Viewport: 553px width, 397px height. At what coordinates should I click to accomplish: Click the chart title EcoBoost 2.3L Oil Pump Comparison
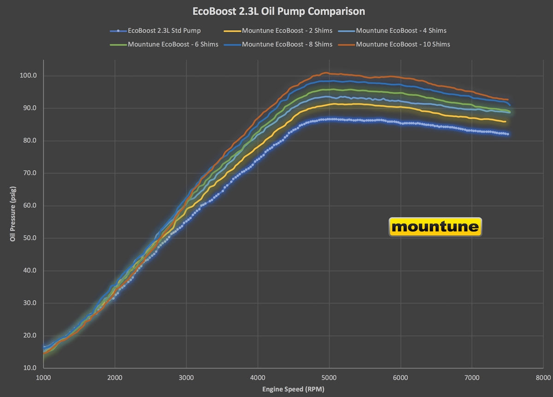[x=279, y=11]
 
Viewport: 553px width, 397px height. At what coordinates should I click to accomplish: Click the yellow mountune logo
[x=435, y=227]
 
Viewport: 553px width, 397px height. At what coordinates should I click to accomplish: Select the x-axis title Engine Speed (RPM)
[x=293, y=390]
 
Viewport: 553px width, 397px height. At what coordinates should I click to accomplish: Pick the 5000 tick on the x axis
[x=329, y=377]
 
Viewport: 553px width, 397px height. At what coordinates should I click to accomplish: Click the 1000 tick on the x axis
[x=43, y=377]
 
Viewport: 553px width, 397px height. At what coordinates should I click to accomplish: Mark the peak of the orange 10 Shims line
[x=326, y=73]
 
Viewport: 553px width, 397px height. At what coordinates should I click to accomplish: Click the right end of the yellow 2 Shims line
[x=506, y=122]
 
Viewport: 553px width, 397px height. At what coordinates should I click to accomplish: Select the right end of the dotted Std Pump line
[x=508, y=134]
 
